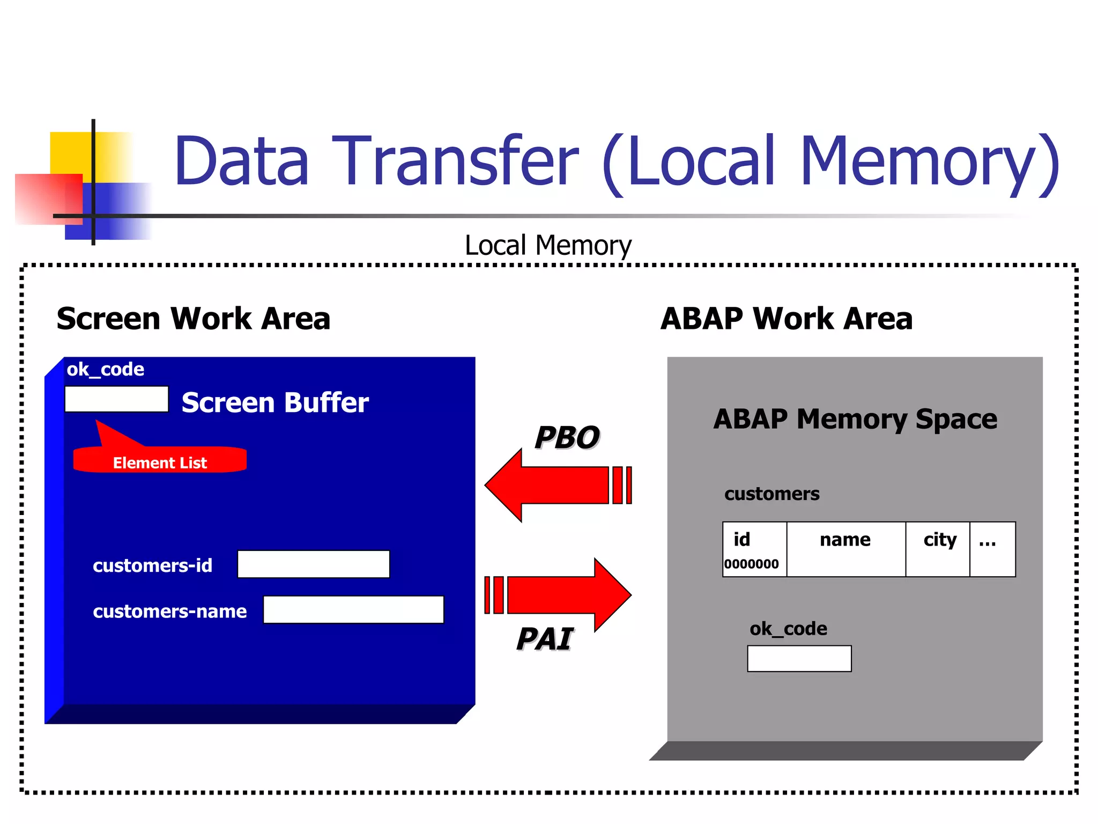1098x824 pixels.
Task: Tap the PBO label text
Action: click(567, 437)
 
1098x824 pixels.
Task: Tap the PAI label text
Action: click(545, 639)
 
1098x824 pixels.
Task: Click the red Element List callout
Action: click(160, 461)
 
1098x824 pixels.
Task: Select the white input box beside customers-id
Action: click(313, 564)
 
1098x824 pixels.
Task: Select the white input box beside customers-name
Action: click(353, 610)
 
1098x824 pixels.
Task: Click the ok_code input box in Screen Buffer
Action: click(116, 399)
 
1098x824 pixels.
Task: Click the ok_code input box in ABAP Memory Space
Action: click(799, 658)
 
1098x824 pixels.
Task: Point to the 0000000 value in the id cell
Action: click(751, 564)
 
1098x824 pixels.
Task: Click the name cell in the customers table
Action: click(845, 549)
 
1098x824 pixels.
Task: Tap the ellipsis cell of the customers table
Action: click(992, 549)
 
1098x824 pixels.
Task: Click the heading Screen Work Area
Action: click(193, 319)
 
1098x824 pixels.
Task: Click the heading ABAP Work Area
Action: click(786, 319)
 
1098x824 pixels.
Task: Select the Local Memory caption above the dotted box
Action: click(548, 246)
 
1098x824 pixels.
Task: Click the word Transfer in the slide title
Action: click(456, 161)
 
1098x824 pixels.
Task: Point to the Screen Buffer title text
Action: click(275, 402)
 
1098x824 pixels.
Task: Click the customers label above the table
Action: click(771, 494)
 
